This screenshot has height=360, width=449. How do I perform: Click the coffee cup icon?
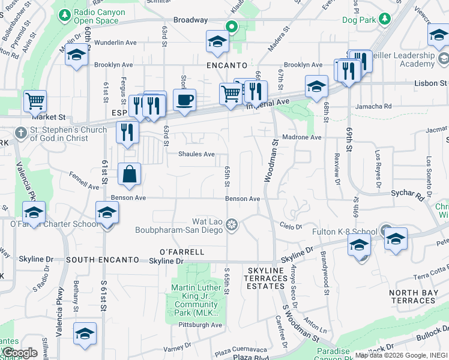coord(184,99)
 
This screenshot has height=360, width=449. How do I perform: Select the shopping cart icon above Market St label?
coord(35,101)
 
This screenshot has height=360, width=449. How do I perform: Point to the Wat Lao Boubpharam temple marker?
coord(232,225)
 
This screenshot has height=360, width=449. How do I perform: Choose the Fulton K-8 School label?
coord(344,231)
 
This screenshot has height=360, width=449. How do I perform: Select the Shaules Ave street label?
coord(196,154)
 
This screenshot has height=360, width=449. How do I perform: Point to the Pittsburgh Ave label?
coord(200,325)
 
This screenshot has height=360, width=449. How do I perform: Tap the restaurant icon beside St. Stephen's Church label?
coord(127,132)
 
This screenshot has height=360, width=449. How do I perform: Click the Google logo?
coord(20,353)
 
